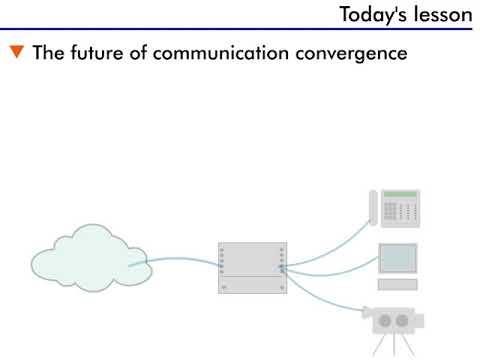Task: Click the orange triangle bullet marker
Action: (17, 53)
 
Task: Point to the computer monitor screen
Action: (398, 258)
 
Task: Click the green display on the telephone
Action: (400, 194)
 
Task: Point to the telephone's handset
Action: (374, 208)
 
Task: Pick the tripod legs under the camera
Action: (392, 346)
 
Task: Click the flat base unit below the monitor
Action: (397, 285)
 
